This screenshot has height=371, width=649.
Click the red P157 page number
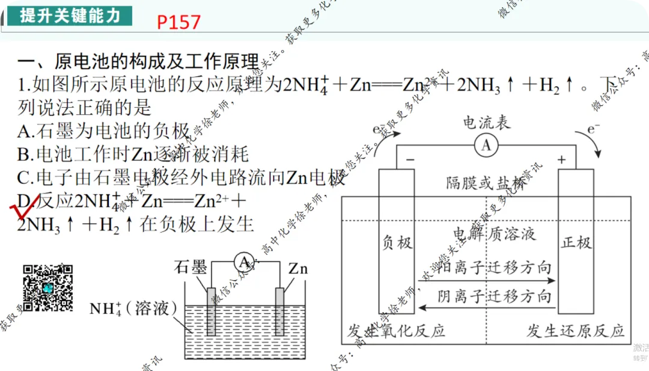(x=178, y=22)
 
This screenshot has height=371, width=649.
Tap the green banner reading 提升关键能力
(x=70, y=15)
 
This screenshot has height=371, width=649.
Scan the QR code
(x=48, y=288)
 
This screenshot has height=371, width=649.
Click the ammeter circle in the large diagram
(x=486, y=145)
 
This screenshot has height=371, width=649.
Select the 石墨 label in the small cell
(x=190, y=267)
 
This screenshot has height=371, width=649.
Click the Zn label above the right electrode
(x=297, y=268)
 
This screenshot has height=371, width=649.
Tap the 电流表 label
(x=486, y=123)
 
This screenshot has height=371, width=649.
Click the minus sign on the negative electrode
(x=410, y=159)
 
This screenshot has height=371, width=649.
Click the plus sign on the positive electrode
(x=562, y=159)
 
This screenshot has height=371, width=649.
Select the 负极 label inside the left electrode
(x=397, y=242)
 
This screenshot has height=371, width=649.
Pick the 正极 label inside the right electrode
(x=576, y=242)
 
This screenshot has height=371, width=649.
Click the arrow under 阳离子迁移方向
(x=487, y=281)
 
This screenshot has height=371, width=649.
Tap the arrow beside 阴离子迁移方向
(x=487, y=308)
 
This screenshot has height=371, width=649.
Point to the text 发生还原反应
(x=575, y=331)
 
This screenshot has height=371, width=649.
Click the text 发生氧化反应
(x=397, y=331)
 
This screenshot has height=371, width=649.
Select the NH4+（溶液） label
(x=133, y=308)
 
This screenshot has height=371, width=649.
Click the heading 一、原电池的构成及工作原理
(x=138, y=61)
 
